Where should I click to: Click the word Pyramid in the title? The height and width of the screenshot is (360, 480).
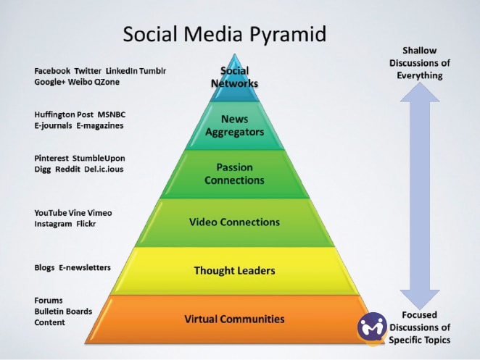(288, 34)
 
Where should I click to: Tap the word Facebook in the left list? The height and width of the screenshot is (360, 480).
(52, 71)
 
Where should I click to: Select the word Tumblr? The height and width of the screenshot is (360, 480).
(153, 71)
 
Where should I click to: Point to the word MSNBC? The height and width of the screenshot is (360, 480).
(112, 114)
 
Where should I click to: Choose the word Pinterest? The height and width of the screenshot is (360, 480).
(51, 159)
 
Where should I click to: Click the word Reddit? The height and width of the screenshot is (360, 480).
(67, 169)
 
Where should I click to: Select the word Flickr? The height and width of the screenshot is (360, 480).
(86, 224)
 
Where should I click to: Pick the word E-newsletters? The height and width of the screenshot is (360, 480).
(85, 267)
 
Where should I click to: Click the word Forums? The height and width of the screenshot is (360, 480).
(49, 301)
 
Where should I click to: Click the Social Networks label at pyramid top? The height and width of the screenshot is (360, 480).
(234, 77)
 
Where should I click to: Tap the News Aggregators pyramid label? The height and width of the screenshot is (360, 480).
(234, 125)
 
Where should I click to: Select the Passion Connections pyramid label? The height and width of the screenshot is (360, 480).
(234, 174)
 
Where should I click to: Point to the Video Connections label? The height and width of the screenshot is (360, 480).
(234, 222)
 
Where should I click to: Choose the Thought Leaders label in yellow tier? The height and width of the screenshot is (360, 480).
(234, 271)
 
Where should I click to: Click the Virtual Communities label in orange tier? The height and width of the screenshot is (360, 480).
(234, 319)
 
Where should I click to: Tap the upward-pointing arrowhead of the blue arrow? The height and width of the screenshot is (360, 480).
(420, 92)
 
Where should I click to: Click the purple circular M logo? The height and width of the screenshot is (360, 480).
(372, 327)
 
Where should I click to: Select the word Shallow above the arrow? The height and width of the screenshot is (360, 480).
(420, 51)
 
